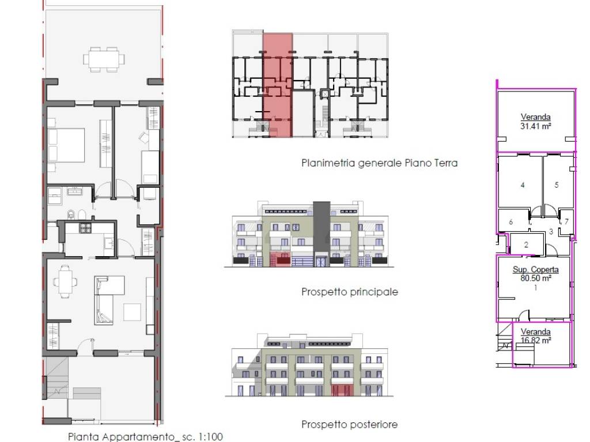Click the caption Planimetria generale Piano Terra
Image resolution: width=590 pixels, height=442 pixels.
click(379, 163)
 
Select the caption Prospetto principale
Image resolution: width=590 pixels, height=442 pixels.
click(350, 292)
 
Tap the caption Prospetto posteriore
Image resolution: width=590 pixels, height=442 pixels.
click(350, 425)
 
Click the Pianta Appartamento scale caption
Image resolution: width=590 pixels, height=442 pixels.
click(145, 437)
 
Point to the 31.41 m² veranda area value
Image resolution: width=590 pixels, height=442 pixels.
click(535, 127)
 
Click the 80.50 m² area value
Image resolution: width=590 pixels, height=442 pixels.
click(536, 279)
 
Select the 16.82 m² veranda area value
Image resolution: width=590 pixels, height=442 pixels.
click(536, 341)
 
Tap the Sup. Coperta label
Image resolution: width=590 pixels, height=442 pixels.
click(535, 269)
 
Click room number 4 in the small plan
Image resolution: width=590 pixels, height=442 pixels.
click(522, 185)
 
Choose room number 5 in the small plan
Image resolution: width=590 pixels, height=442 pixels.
click(557, 185)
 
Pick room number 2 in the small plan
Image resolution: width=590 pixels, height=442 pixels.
click(526, 245)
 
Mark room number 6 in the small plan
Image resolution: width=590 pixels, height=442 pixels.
click(510, 222)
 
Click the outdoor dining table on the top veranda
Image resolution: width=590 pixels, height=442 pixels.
click(104, 59)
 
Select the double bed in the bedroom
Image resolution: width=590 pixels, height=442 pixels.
click(66, 145)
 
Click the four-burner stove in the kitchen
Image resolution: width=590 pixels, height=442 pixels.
click(85, 227)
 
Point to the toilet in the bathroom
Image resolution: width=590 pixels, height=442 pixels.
click(71, 214)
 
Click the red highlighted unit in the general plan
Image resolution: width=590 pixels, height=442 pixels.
click(277, 85)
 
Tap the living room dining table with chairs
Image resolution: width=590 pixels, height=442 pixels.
click(66, 281)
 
